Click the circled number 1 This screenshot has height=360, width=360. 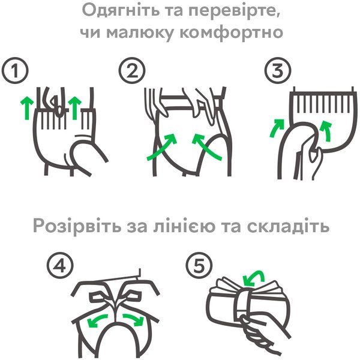point(15,70)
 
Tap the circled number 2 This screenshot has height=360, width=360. point(132,70)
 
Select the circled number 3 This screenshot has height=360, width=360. point(278,70)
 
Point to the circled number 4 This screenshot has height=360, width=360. point(60,266)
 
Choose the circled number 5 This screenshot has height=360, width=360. point(199,266)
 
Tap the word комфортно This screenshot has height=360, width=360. point(231,33)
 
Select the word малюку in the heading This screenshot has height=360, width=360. point(139,33)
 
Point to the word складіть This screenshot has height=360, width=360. point(288,226)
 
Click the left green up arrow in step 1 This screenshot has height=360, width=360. point(27,108)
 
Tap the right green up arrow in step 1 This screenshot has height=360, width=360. point(74,108)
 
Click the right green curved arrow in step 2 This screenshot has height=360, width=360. point(205,147)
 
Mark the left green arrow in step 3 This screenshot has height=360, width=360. point(275,129)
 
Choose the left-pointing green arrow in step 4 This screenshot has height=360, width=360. point(97,319)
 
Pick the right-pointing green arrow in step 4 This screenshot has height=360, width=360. point(134,319)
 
